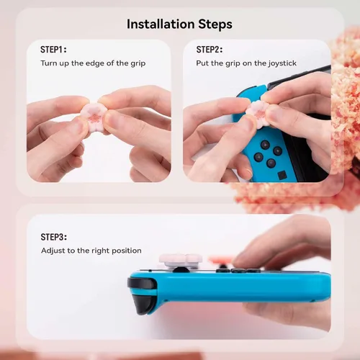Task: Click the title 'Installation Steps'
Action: pos(179,24)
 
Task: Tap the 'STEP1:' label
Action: pos(53,50)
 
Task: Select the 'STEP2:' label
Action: pos(210,50)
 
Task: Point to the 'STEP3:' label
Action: pos(54,237)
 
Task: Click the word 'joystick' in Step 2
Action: pos(282,63)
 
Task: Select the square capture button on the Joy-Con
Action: pos(282,175)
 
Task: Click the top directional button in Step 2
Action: pos(265,145)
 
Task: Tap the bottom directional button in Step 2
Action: pos(271,163)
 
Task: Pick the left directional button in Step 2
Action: pos(258,157)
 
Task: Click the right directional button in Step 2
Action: pos(278,151)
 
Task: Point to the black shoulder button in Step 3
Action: pos(142,283)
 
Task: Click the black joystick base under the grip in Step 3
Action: pos(181,270)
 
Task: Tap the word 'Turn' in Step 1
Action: pos(49,63)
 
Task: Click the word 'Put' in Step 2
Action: pos(202,63)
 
